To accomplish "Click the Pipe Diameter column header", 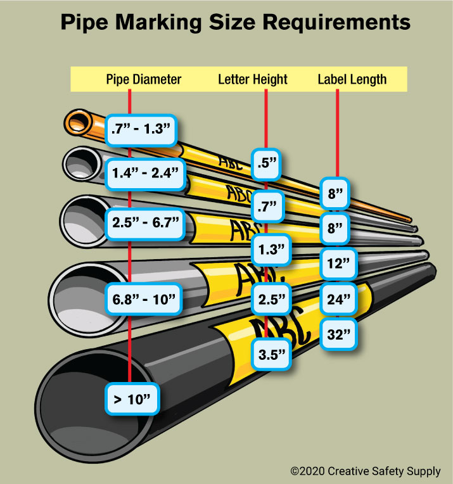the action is pyautogui.click(x=143, y=79).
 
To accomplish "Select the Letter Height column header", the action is pyautogui.click(x=253, y=79).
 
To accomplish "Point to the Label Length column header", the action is pyautogui.click(x=352, y=79).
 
